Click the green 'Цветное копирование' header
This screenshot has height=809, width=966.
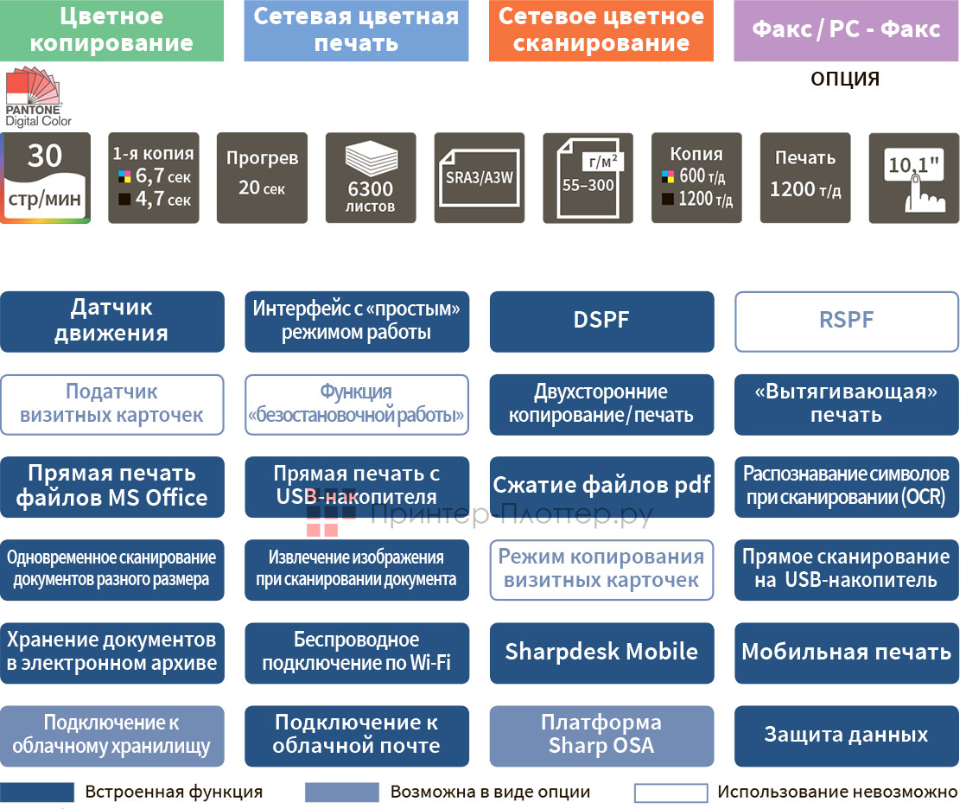112,30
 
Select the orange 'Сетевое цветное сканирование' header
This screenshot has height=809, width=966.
601,30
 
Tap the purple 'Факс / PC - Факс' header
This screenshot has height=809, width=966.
846,30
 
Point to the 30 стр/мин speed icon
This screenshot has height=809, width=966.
45,178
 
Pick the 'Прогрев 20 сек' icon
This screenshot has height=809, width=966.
262,177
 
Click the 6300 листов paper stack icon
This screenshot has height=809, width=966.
371,177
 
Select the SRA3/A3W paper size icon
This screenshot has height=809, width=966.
480,177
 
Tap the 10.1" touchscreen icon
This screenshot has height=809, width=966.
913,177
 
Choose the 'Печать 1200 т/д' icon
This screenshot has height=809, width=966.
805,177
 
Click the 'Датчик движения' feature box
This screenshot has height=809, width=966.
112,322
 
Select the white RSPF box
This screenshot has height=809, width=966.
846,322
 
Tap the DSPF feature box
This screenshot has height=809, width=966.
601,322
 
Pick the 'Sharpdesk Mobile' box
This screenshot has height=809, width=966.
601,653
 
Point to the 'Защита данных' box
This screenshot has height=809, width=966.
846,736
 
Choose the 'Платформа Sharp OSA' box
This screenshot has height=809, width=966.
601,736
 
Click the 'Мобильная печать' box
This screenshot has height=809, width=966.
846,653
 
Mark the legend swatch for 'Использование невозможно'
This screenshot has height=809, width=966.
670,793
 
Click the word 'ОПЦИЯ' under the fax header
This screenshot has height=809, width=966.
845,80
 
